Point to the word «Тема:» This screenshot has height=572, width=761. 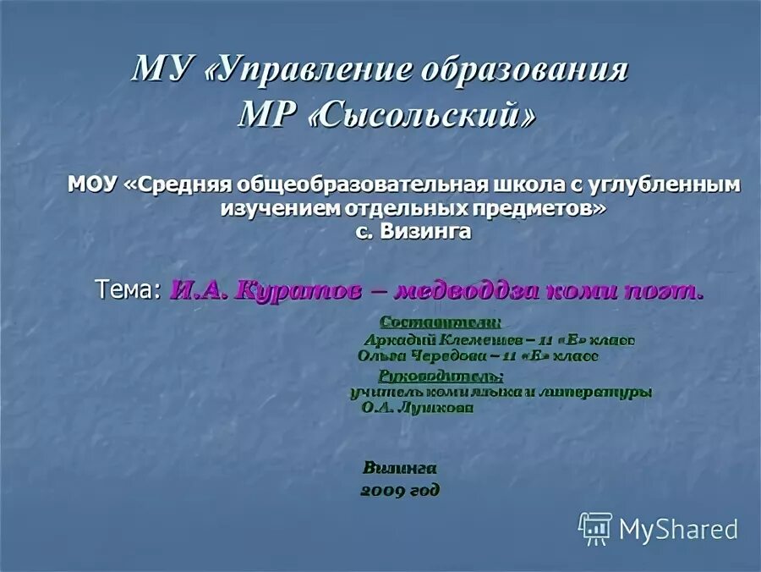click(x=127, y=289)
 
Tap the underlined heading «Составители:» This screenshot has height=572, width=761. click(x=441, y=322)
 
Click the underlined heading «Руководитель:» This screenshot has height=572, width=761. click(x=441, y=376)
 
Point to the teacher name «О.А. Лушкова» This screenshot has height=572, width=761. click(x=417, y=407)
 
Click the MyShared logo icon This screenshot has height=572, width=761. click(x=595, y=528)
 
